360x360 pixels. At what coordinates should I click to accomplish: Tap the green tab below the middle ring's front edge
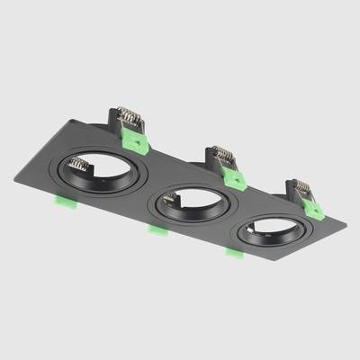tap(157, 230)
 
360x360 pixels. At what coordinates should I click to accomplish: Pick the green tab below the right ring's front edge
tap(233, 251)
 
